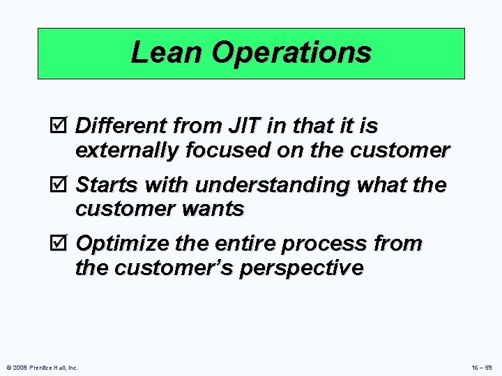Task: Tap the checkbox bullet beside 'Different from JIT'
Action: [61, 126]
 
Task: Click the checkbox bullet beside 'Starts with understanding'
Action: [61, 185]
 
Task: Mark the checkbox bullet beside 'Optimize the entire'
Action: [61, 244]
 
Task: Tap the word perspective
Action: [301, 268]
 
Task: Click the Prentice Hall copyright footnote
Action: [41, 367]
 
